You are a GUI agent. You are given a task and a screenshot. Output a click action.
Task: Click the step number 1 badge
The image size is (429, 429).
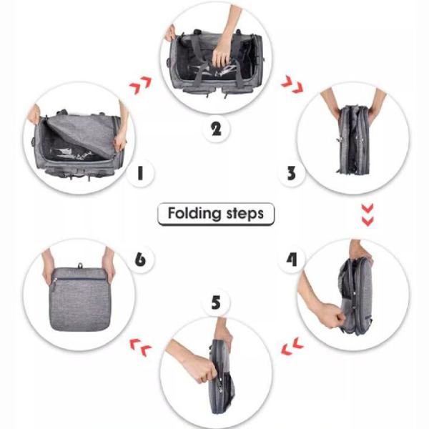click(140, 173)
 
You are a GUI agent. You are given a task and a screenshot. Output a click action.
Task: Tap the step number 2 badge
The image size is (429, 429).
click(216, 129)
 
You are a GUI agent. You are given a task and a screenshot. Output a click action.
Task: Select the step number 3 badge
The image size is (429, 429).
click(292, 173)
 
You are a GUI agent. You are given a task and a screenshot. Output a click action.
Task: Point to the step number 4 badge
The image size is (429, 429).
click(292, 260)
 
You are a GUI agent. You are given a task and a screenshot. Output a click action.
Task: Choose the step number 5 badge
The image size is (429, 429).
click(216, 302)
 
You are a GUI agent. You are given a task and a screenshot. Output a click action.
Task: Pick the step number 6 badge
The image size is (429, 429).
click(140, 259)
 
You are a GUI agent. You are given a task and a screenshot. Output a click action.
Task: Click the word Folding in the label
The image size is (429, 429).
click(194, 213)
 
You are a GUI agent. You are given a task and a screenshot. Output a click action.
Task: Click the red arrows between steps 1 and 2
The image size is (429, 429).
click(140, 85)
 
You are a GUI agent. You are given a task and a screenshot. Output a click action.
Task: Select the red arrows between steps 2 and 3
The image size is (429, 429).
click(292, 84)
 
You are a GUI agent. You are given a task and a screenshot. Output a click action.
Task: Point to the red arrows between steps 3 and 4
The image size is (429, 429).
click(368, 214)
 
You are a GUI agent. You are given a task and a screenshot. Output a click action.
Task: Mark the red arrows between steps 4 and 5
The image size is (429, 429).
click(292, 346)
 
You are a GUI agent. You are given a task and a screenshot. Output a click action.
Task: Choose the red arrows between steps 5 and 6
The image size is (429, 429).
click(140, 347)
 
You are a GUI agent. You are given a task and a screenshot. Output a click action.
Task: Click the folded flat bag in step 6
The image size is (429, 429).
click(79, 299)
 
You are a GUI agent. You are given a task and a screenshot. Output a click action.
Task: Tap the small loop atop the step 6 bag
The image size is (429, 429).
click(80, 265)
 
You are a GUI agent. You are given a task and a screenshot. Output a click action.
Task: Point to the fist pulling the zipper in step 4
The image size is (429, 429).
click(332, 315)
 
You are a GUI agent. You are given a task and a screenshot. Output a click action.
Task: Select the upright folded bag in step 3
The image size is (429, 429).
click(354, 139)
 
